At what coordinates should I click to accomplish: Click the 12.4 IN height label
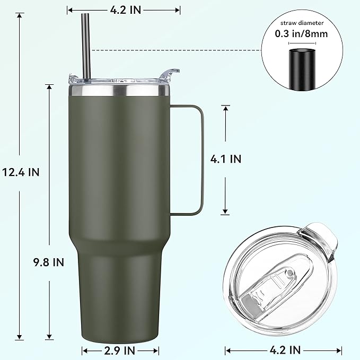pyautogui.click(x=21, y=172)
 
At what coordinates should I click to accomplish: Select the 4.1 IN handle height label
pyautogui.click(x=225, y=159)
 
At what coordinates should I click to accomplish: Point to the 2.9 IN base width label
pyautogui.click(x=120, y=350)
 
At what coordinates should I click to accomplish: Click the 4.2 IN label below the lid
pyautogui.click(x=284, y=350)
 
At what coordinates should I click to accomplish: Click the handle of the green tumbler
pyautogui.click(x=201, y=159)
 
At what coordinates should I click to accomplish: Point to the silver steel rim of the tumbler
pyautogui.click(x=119, y=92)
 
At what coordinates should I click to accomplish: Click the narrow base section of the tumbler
pyautogui.click(x=119, y=297)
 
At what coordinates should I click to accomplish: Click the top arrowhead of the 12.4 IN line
pyautogui.click(x=21, y=15)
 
